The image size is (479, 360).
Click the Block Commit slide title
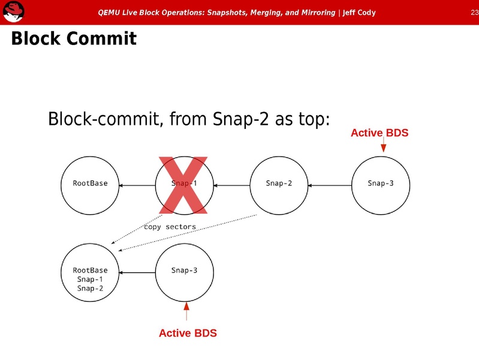tap(74, 40)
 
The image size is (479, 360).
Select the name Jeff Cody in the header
tap(359, 13)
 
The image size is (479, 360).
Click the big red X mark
tap(183, 184)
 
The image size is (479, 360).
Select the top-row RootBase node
tap(91, 184)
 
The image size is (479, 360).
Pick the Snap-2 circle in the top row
tap(279, 184)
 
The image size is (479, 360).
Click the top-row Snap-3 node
tap(381, 184)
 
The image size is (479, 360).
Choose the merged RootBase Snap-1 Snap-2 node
tap(91, 279)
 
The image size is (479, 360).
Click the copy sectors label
tap(170, 227)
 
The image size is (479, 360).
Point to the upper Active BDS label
tap(379, 133)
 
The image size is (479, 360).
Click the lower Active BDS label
tap(188, 333)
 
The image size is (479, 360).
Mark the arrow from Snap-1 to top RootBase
tap(137, 185)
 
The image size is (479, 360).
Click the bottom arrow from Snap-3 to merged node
tap(137, 272)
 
